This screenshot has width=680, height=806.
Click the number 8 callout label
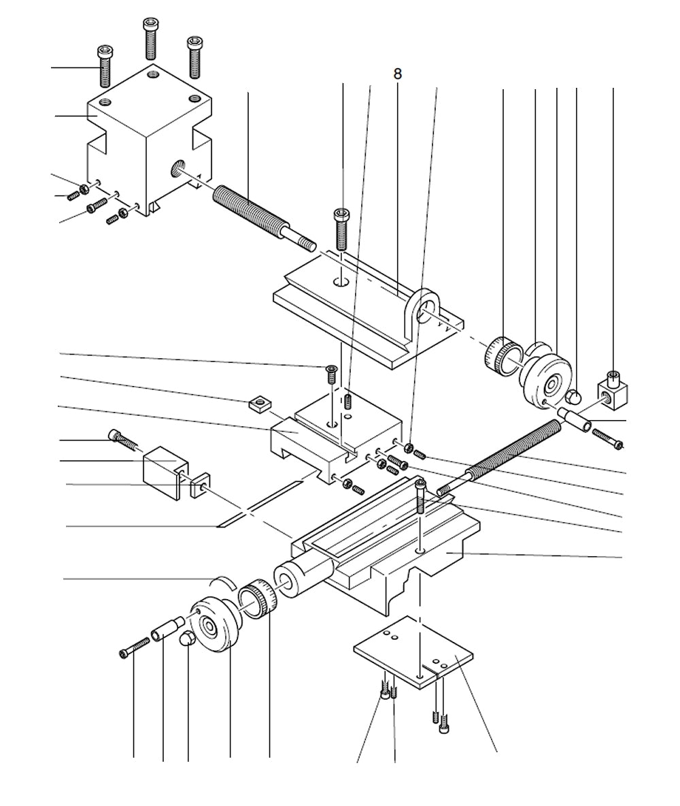pos(397,74)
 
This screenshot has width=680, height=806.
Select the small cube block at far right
pos(613,389)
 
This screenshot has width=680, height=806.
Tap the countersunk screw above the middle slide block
pos(332,373)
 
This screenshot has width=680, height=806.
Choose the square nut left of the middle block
pos(258,404)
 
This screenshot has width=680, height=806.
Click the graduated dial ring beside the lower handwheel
pos(259,599)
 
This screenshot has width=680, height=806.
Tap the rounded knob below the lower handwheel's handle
pos(187,640)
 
